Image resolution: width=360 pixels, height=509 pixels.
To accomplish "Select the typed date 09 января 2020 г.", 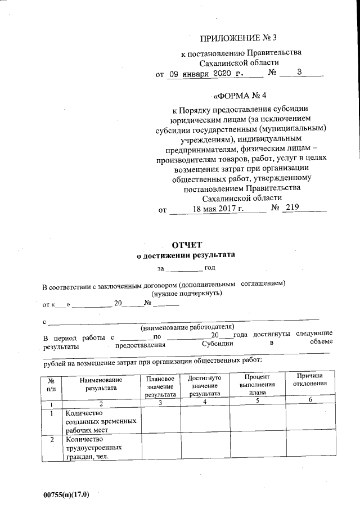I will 206,74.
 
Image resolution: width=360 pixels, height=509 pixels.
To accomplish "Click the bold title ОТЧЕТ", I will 186,244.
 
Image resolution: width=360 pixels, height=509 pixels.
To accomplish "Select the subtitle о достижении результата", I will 186,255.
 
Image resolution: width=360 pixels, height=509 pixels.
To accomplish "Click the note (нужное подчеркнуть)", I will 186,293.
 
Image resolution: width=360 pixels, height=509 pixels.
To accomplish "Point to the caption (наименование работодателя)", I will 187,327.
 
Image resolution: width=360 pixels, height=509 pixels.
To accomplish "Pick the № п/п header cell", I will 51,384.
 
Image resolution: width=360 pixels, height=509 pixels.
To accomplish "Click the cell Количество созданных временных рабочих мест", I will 100,421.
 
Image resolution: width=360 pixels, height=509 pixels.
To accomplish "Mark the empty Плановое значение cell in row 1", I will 160,421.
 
